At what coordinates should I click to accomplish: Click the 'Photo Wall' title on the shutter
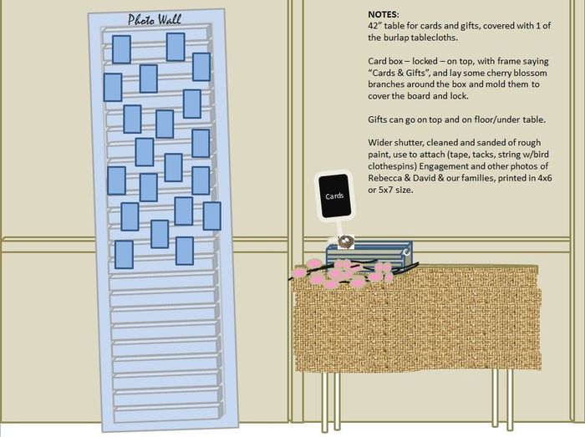[154, 20]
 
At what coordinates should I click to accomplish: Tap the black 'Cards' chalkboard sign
[334, 196]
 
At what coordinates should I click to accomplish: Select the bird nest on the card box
[345, 241]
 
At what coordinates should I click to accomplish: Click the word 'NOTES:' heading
[383, 14]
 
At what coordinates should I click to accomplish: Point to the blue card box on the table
[369, 254]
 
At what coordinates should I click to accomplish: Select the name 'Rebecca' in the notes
[384, 178]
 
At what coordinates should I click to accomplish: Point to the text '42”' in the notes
[374, 26]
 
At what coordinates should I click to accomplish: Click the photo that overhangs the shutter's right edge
[211, 216]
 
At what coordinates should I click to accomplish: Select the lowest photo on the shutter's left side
[124, 255]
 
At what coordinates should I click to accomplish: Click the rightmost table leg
[510, 399]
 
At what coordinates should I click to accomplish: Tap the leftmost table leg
[325, 402]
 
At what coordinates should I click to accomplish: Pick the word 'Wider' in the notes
[379, 143]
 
